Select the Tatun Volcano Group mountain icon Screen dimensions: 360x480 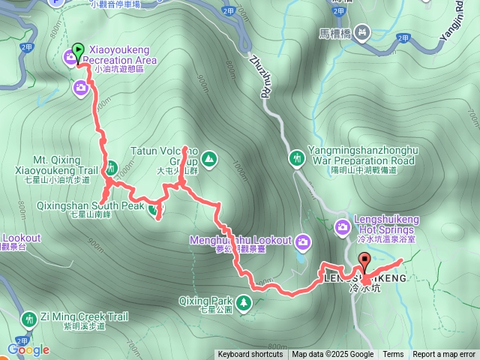208,158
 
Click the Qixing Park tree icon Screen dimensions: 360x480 244,303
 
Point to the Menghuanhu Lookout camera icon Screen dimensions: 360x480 303,241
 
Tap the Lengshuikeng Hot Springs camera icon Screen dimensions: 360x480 343,225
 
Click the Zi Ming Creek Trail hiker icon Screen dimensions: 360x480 29,319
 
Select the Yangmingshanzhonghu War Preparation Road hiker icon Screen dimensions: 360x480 298,157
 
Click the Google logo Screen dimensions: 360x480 28,349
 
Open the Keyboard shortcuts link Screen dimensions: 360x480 250,355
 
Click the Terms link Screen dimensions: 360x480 393,355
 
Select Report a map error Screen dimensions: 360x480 444,355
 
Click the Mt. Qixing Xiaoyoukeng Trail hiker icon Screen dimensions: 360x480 111,167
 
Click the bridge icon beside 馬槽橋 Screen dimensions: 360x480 363,31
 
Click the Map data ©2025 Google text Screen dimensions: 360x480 333,355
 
